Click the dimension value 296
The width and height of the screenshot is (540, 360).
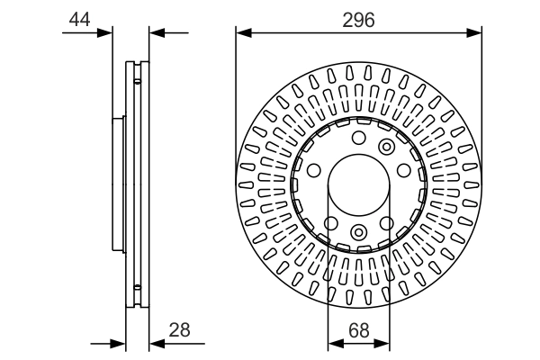358,18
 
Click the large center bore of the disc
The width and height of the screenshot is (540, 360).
358,184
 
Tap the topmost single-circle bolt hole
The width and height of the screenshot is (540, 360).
358,138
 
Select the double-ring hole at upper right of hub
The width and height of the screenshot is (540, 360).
387,147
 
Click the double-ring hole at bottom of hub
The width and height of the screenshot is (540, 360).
358,233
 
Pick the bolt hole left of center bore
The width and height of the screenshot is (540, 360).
314,171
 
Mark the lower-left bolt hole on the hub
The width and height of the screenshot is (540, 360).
330,223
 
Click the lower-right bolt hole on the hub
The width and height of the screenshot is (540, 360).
387,223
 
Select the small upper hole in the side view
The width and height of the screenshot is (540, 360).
137,81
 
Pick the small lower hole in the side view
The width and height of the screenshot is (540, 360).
137,288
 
